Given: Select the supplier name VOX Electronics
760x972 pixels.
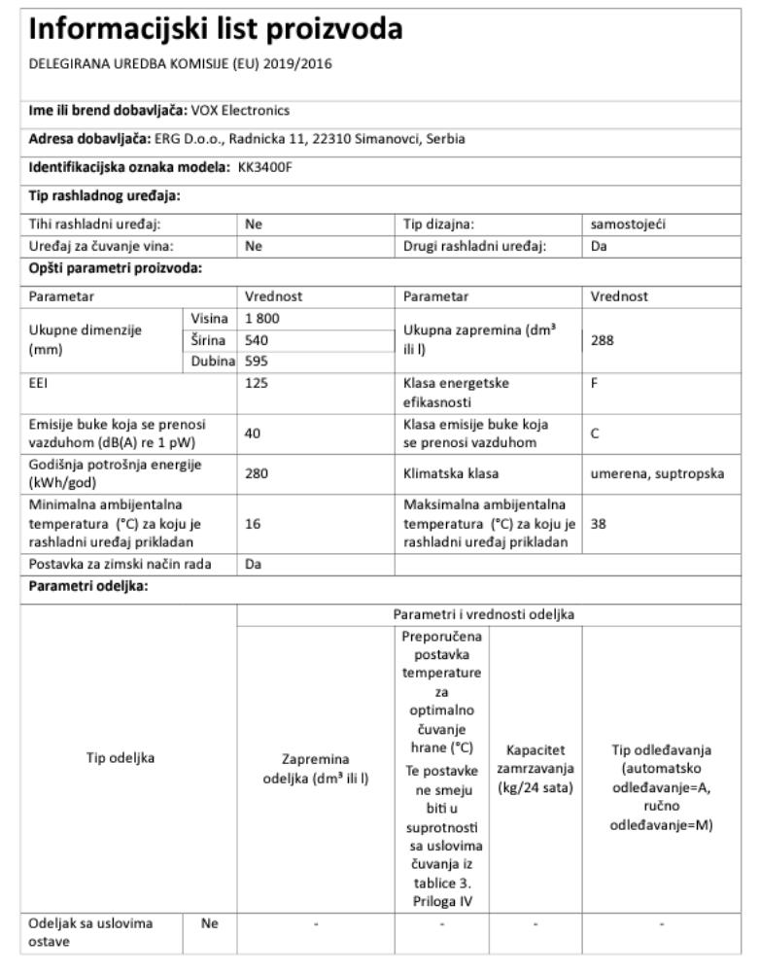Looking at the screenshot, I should tap(241, 110).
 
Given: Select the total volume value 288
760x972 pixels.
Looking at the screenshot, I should tap(603, 341).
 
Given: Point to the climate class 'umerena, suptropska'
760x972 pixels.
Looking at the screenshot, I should tap(656, 473).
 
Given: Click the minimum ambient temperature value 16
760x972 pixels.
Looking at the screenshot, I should tap(253, 522).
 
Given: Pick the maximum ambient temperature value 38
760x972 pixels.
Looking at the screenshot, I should tap(599, 522).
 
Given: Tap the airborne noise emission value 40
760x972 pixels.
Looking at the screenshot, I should tap(254, 434).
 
